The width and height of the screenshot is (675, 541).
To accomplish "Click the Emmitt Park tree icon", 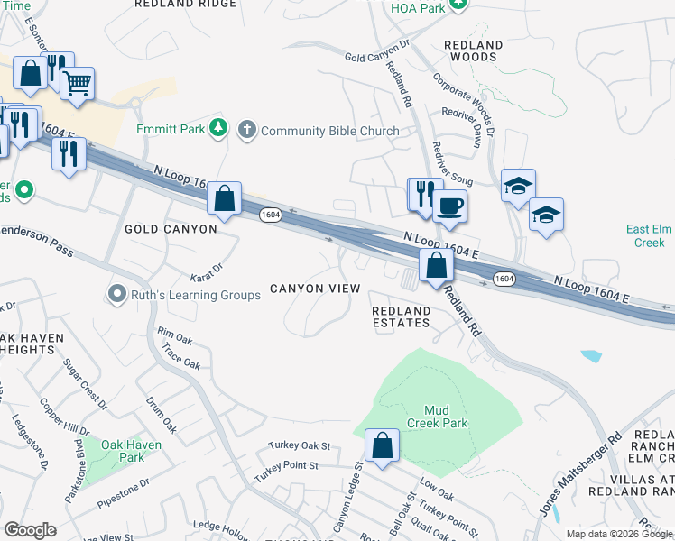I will (x=217, y=130).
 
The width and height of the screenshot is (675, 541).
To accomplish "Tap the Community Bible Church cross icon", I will (x=246, y=131).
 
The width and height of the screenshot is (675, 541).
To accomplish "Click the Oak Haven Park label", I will (x=131, y=451).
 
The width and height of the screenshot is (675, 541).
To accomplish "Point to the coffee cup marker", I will (x=450, y=206).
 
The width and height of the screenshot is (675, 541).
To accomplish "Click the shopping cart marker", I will (x=77, y=85).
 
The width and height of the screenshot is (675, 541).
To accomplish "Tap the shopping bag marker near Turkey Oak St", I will (x=382, y=445).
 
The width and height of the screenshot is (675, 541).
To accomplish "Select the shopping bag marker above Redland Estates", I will (x=436, y=266).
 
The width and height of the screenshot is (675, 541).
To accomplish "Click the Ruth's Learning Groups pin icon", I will (x=116, y=294).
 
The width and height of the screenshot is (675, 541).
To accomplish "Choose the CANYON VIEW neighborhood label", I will (x=316, y=289).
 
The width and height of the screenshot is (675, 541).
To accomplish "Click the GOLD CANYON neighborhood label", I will (x=171, y=229).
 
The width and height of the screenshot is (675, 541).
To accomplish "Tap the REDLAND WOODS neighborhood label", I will (x=473, y=50).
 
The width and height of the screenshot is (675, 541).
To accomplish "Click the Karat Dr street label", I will (x=207, y=271).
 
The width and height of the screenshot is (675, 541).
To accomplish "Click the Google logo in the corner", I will (x=30, y=530).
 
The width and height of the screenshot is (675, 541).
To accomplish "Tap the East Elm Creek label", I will (x=645, y=235).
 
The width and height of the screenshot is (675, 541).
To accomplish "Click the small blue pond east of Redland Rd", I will (x=591, y=355).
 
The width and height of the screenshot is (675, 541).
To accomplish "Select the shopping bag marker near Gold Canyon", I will (x=224, y=197).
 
